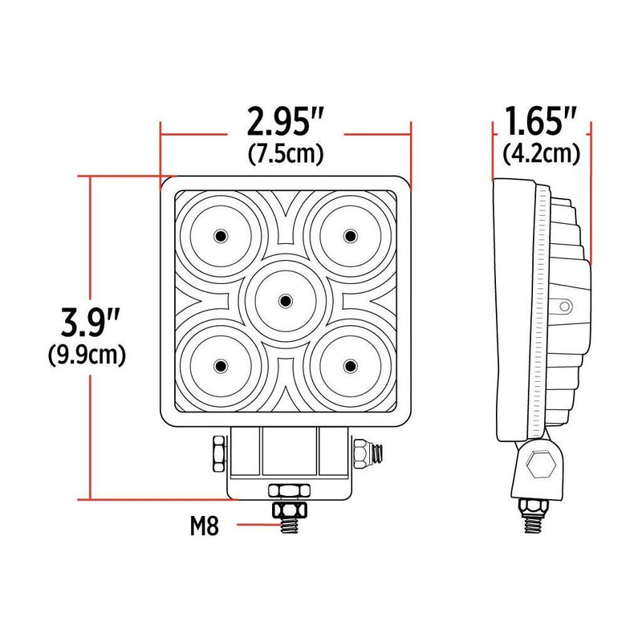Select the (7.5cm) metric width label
click(x=286, y=152)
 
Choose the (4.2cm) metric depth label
click(x=541, y=152)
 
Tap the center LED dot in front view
click(x=285, y=300)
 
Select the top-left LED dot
click(x=220, y=235)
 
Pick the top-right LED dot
click(x=350, y=235)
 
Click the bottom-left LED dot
click(x=220, y=366)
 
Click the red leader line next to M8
click(x=248, y=526)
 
